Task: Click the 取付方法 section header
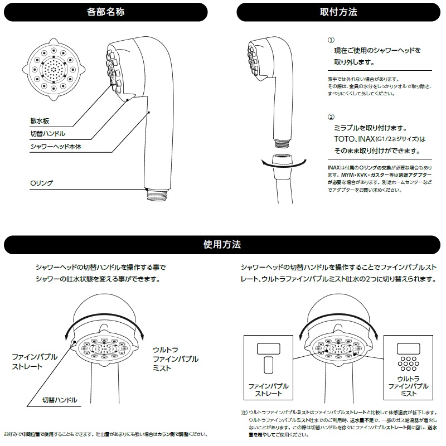(339, 11)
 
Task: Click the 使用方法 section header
(222, 244)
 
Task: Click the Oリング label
(41, 182)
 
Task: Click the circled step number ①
(331, 40)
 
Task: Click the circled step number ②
(331, 117)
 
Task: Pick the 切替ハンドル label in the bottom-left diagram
(60, 400)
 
